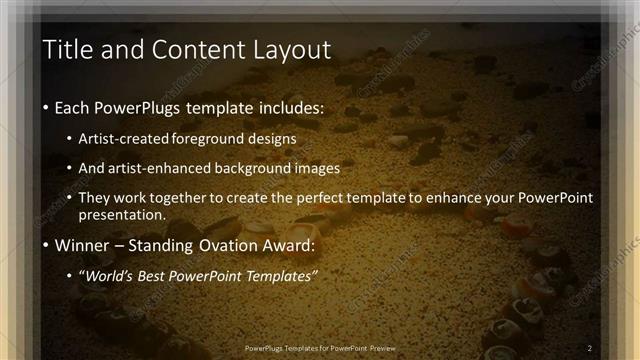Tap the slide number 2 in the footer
pos(590,348)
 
